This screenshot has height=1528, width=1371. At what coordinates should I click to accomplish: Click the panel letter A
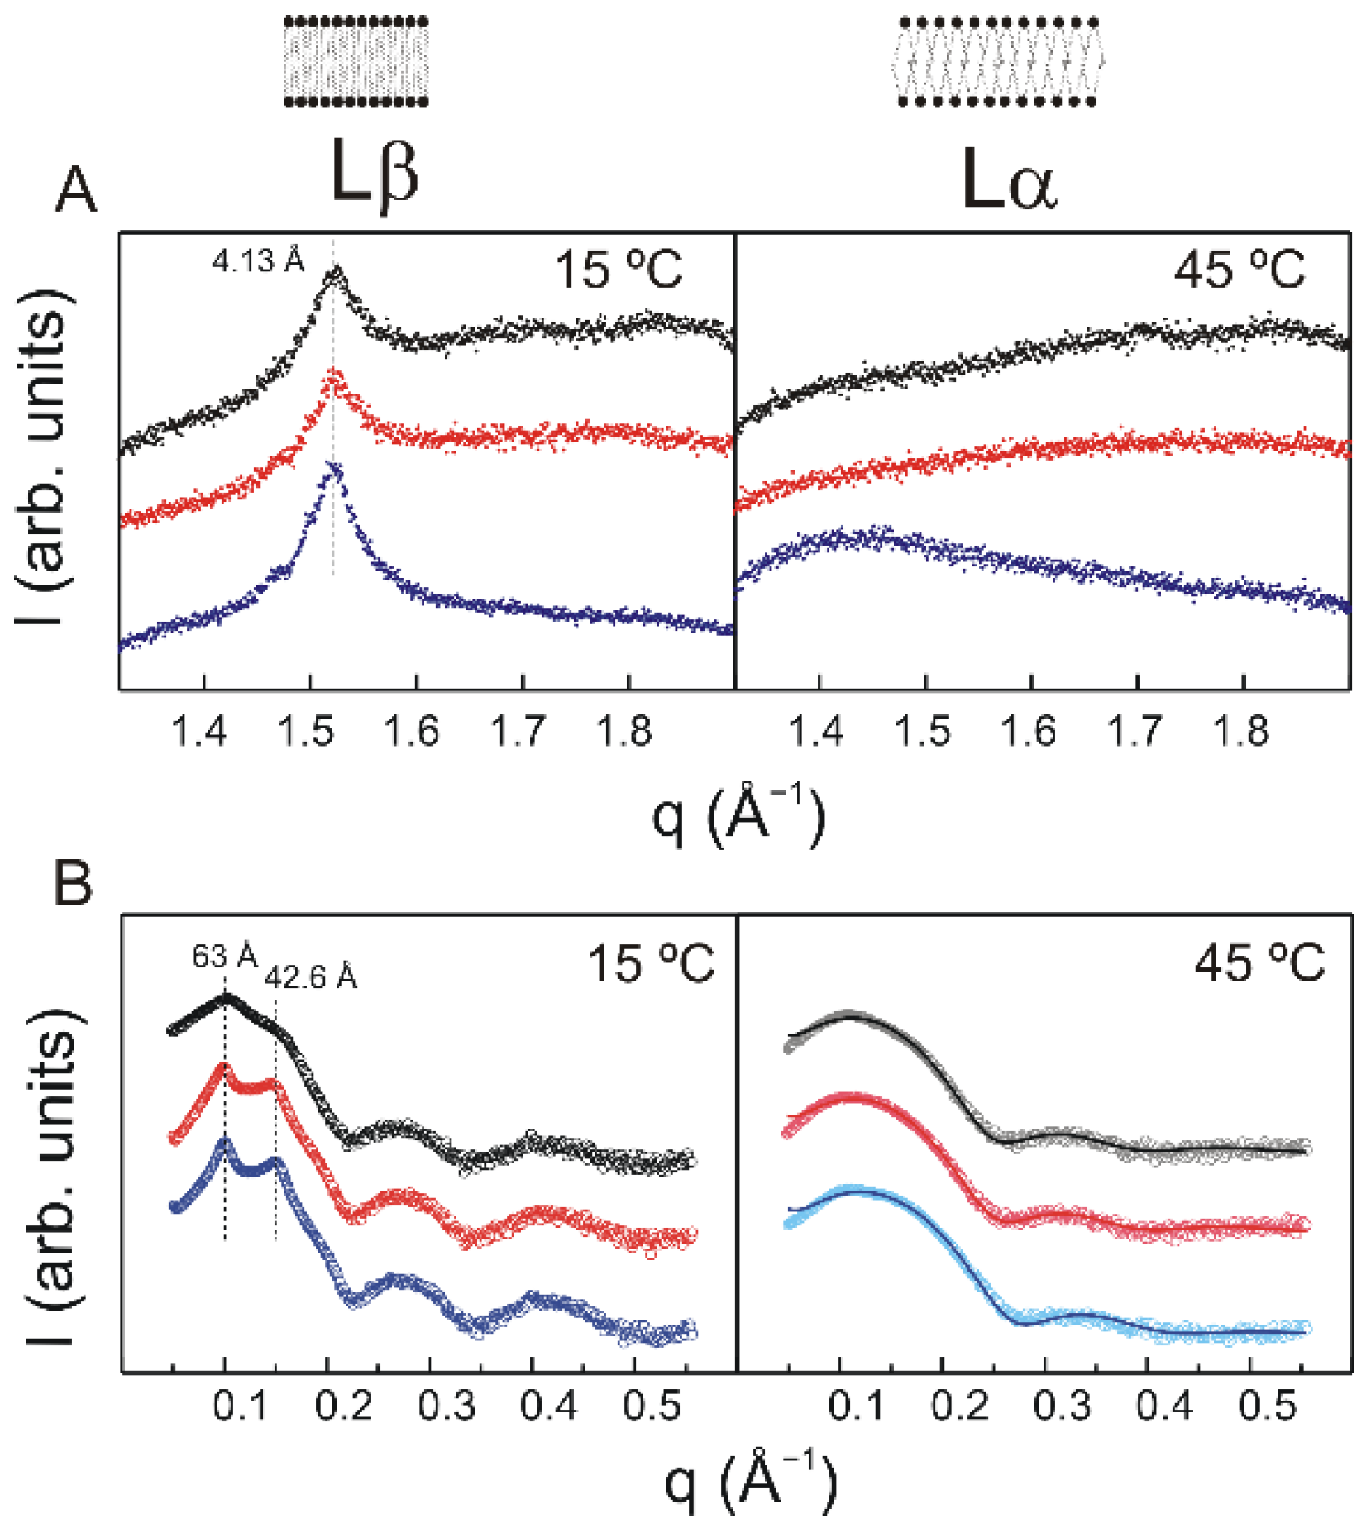point(75,191)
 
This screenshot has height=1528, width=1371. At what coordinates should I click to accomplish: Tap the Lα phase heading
point(1009,182)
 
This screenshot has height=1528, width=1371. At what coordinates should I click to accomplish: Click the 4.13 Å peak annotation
point(258,261)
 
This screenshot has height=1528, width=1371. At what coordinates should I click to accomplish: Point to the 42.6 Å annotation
point(311,977)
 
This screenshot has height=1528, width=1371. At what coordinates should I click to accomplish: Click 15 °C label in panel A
point(618,270)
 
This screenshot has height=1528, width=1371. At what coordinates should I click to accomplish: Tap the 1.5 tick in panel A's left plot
point(306,732)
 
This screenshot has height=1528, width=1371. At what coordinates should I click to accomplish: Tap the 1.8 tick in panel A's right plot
point(1240,732)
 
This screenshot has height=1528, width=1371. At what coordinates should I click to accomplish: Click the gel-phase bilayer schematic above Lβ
point(356,62)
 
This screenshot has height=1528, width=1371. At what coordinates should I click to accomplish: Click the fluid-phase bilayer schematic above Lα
point(998,62)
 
